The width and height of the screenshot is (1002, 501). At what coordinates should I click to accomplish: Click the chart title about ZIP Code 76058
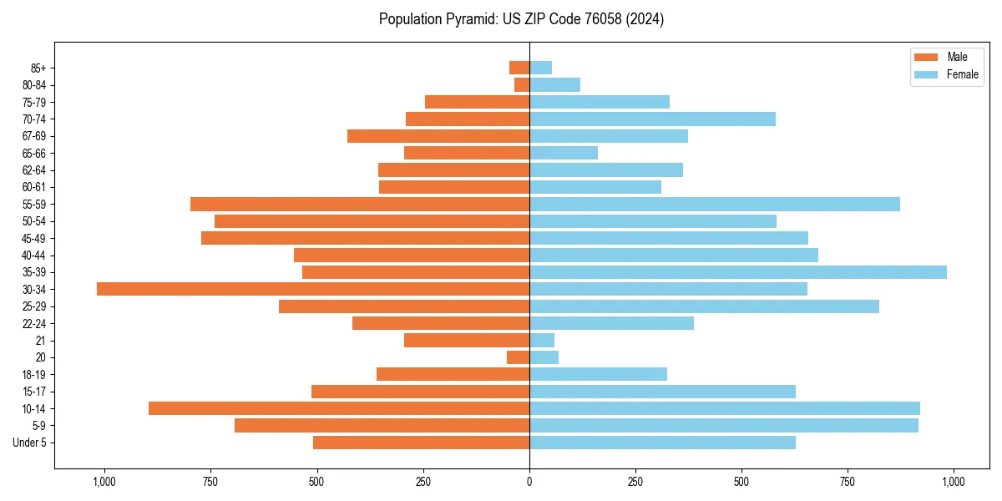tap(521, 19)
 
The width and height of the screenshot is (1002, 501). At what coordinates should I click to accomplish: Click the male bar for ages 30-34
tap(313, 289)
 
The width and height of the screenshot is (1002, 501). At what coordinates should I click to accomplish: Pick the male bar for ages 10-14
tap(339, 408)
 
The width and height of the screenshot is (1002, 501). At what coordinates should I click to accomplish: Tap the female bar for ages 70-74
tap(652, 119)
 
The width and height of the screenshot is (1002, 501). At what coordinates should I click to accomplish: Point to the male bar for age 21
tap(467, 340)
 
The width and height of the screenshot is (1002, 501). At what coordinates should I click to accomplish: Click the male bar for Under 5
tap(421, 443)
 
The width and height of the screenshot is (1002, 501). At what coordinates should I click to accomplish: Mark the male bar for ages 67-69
tap(438, 136)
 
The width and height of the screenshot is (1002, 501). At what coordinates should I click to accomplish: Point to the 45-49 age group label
tap(34, 238)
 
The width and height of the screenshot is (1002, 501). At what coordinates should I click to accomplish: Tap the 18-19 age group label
tap(34, 374)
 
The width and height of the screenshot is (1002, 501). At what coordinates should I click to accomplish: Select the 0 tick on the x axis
tap(529, 482)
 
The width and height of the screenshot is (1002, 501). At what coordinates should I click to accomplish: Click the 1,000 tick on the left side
tap(104, 482)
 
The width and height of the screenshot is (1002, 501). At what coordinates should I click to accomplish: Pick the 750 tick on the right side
tap(848, 482)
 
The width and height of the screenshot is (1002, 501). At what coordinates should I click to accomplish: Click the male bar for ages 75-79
tap(477, 102)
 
